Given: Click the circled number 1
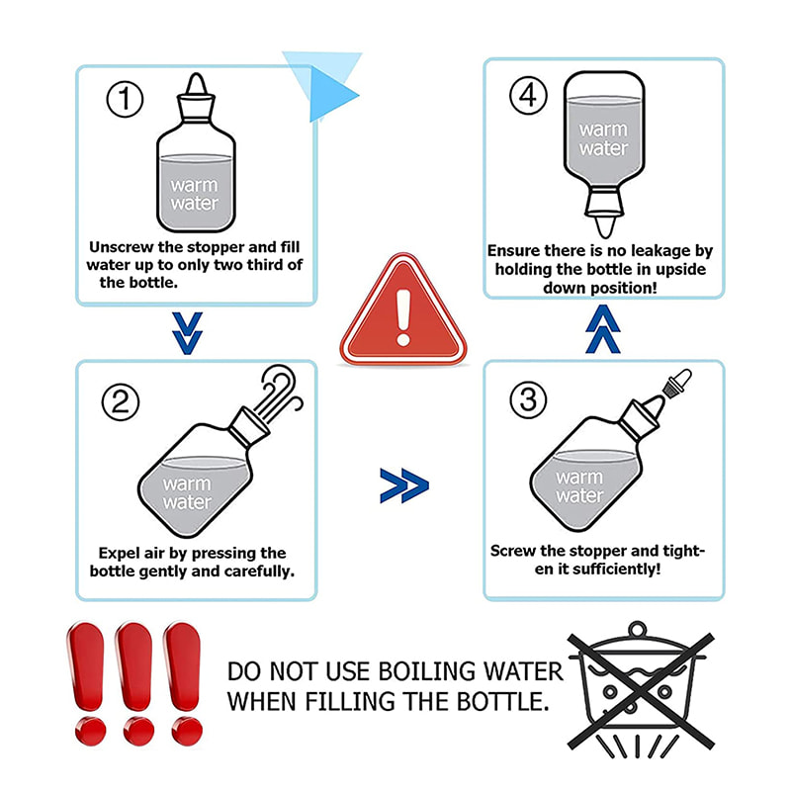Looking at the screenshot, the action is [x=125, y=99].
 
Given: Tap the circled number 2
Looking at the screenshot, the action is [x=121, y=402].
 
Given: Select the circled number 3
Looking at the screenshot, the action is [x=528, y=399].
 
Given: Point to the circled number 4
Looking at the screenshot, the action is [x=528, y=95].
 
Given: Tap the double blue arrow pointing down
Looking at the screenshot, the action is [x=187, y=333].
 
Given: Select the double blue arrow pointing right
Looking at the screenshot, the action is [x=404, y=485].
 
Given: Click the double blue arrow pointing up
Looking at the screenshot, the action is [x=603, y=329].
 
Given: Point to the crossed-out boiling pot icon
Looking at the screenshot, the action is [x=640, y=691].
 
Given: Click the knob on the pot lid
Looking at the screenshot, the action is [x=638, y=630].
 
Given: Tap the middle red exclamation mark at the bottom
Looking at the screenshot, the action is [x=135, y=683].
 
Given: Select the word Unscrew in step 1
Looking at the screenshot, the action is [x=121, y=247].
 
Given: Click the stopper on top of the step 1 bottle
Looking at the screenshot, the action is [x=196, y=99].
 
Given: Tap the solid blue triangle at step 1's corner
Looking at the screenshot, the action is [x=328, y=94].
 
